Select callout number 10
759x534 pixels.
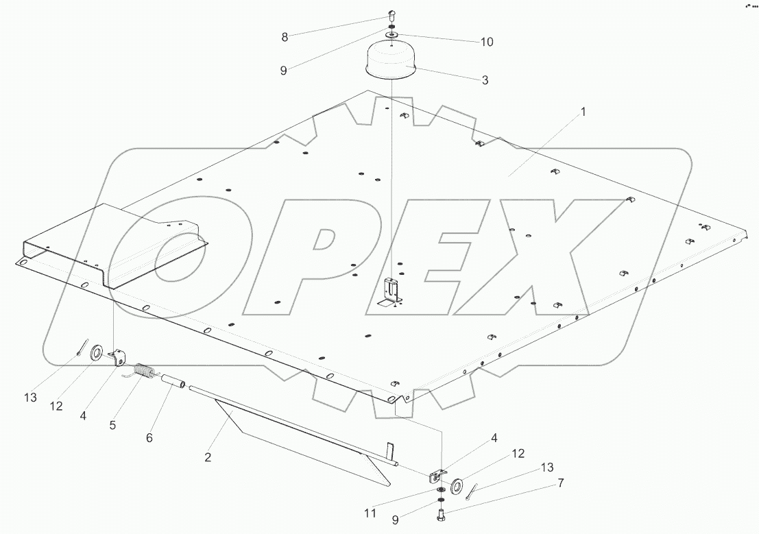tap(485, 42)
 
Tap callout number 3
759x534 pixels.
tap(485, 80)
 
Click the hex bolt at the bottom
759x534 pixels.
tap(440, 516)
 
